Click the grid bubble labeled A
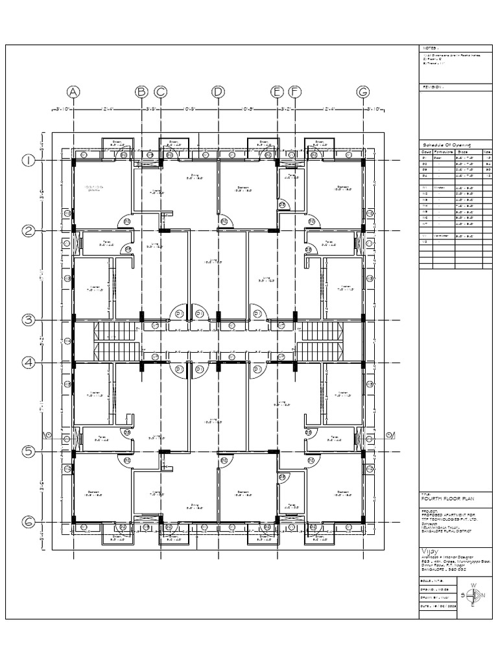pos(74,92)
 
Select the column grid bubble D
pos(218,92)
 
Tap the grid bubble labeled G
pos(362,92)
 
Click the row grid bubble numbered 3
pos(29,320)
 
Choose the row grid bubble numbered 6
pos(29,521)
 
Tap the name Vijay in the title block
pos(430,550)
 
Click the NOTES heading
pos(431,48)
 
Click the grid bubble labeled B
pos(141,92)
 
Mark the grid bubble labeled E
pos(278,92)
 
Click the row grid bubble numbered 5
pos(29,452)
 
